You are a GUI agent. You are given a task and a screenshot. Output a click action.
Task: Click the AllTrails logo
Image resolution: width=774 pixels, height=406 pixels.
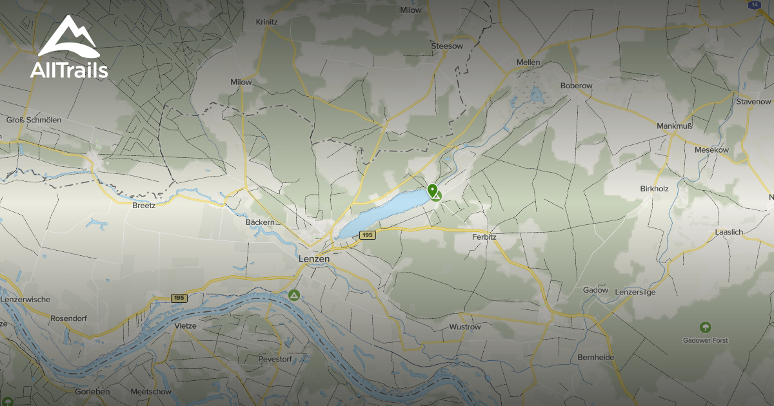[x=69, y=48]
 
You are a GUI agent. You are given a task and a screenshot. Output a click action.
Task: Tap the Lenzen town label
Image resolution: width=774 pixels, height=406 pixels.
[x=314, y=258]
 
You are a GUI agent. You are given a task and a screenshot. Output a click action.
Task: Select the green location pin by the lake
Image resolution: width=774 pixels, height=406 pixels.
[x=433, y=191]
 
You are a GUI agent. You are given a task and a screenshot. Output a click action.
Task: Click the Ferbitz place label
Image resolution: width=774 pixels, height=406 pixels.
[x=484, y=237]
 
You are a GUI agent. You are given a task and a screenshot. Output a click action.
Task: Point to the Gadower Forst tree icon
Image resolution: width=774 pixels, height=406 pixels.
[x=706, y=328]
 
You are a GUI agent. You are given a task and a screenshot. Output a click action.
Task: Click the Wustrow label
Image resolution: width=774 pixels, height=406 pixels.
[x=465, y=327]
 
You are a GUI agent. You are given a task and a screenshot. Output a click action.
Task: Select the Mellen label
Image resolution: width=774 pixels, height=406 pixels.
[x=528, y=63]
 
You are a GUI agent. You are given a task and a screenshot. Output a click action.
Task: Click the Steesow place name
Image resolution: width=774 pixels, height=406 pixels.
[x=447, y=46]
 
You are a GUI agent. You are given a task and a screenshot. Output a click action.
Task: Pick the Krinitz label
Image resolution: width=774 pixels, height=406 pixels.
[x=266, y=21]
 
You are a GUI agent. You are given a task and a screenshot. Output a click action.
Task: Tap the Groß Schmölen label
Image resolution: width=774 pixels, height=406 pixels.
[x=33, y=120]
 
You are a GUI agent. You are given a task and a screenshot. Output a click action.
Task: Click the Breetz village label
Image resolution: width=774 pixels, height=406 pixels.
[x=143, y=206]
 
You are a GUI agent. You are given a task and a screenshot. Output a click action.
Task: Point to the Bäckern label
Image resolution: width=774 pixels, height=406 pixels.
[x=261, y=222]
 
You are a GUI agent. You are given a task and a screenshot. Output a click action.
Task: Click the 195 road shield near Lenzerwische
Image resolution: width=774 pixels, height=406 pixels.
[x=179, y=298]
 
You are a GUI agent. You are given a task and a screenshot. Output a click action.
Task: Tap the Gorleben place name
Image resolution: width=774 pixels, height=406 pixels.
[x=93, y=392]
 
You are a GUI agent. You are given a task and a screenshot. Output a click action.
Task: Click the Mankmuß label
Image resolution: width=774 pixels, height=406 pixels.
[x=674, y=126]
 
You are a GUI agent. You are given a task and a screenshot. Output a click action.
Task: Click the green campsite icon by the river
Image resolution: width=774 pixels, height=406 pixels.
[x=294, y=296]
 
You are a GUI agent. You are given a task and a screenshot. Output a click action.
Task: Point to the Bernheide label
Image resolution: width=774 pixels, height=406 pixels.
[x=595, y=357]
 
